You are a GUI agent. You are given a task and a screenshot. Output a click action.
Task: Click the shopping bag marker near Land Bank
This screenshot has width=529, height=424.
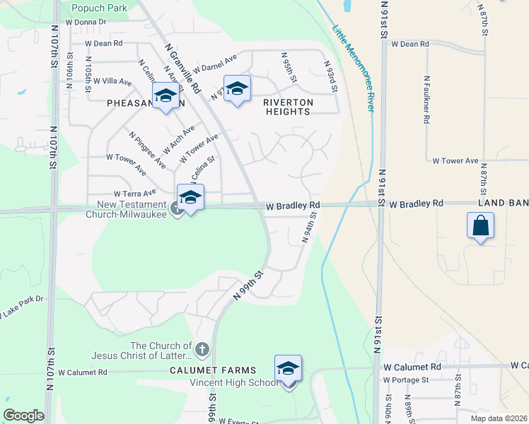click(480, 227)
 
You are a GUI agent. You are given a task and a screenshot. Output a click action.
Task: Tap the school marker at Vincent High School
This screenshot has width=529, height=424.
click(288, 370)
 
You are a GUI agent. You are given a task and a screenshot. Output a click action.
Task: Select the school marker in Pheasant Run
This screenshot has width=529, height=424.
click(165, 97)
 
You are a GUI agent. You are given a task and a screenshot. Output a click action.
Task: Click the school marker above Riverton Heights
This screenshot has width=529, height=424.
click(237, 89)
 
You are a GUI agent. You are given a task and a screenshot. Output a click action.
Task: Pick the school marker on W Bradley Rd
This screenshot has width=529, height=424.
click(191, 198)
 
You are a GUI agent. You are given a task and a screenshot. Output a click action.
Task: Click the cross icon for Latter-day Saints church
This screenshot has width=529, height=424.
click(202, 349)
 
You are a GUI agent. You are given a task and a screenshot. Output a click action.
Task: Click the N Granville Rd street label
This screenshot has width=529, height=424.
click(182, 66)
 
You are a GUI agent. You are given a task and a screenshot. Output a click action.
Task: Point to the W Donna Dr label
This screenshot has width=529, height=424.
click(86, 22)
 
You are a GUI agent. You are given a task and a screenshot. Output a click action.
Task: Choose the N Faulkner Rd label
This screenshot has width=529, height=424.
click(427, 100)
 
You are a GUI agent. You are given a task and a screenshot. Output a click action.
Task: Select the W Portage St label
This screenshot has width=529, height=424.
click(406, 380)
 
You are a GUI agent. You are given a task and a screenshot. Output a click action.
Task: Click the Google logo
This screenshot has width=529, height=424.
click(23, 416)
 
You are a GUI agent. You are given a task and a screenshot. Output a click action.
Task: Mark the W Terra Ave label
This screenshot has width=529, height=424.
click(134, 194)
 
